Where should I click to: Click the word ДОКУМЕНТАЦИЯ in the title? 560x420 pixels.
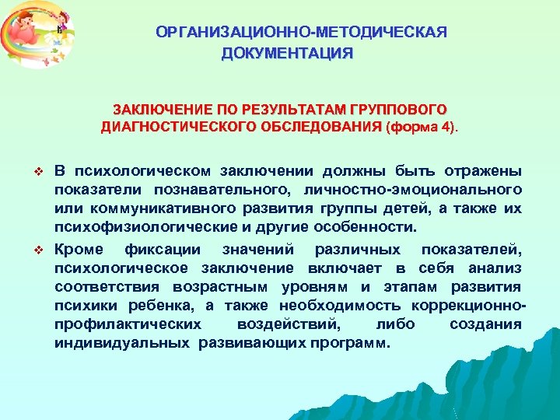coord(286,54)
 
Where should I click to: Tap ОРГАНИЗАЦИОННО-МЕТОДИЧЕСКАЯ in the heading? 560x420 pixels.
coord(301,33)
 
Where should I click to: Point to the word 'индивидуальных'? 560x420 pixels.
coord(122,343)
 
